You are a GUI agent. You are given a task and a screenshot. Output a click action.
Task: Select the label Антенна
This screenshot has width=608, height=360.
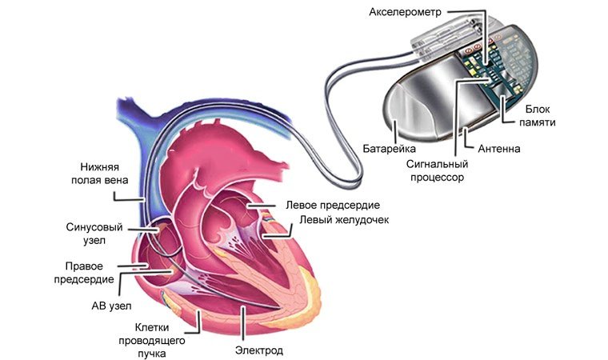coord(499,149)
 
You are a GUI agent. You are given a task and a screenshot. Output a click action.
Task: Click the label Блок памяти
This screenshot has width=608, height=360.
coord(540,114)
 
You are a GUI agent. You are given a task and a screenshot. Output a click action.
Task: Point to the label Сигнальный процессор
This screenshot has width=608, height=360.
coord(435,171)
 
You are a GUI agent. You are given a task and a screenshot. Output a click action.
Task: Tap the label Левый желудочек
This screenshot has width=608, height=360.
coord(343,220)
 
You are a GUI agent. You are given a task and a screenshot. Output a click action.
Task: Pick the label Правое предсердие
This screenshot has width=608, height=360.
coord(89,272)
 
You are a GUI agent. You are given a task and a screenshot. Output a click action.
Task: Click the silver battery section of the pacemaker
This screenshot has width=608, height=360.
coord(424,100)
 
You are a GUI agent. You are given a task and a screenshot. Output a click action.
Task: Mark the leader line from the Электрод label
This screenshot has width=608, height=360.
coord(242,324)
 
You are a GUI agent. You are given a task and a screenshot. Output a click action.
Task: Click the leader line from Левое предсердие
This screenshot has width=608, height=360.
coord(268,206)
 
